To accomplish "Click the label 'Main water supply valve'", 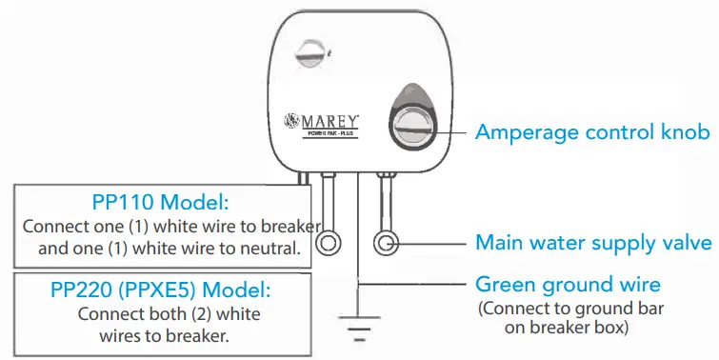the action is tap(592, 243).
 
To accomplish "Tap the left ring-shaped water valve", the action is tap(328, 244).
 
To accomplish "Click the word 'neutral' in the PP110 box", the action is tap(272, 250).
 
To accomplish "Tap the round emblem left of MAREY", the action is tap(293, 122).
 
